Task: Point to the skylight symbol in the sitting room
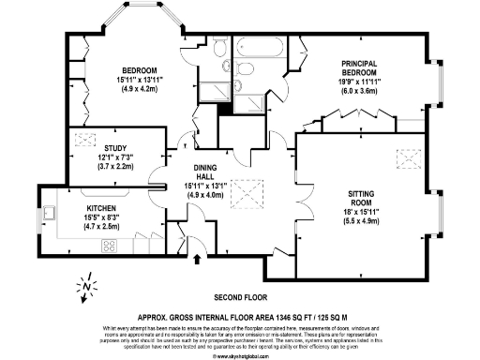point(408,158)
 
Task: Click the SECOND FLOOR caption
point(240,293)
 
